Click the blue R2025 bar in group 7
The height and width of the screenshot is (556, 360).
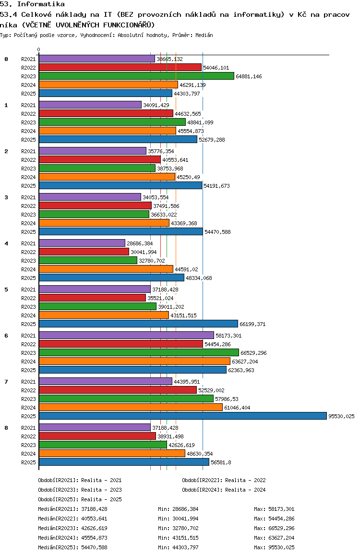(182, 416)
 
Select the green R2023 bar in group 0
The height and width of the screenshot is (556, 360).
(136, 76)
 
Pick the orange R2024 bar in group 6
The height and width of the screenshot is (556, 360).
(134, 361)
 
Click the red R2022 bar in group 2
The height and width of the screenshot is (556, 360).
(99, 159)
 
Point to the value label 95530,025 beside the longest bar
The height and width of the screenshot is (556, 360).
(341, 416)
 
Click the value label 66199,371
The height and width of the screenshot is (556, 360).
(252, 324)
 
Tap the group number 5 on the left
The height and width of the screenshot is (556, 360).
(6, 290)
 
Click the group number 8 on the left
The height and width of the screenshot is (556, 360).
(6, 428)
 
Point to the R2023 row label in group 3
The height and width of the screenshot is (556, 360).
(28, 215)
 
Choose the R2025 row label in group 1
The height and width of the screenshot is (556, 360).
(28, 140)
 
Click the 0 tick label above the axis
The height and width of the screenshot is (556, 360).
(39, 49)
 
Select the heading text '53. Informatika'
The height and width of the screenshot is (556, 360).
(32, 4)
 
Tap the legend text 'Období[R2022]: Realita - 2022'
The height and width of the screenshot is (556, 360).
(224, 480)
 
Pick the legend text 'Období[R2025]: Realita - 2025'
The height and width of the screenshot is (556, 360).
(80, 499)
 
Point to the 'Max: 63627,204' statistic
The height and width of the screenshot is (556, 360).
(274, 538)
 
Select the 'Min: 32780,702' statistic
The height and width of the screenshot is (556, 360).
(178, 528)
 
